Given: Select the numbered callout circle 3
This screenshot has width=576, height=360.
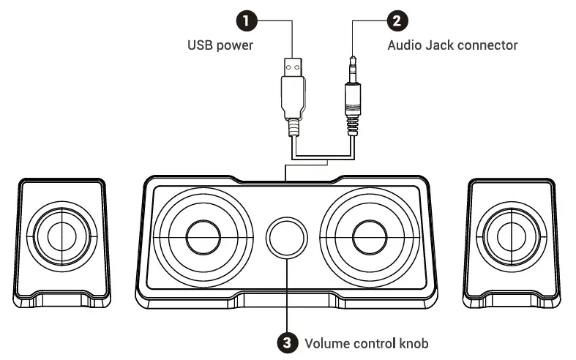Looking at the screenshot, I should (x=285, y=342).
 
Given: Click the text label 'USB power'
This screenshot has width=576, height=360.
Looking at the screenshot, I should (x=220, y=45).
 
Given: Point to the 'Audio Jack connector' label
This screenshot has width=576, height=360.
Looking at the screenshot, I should (x=452, y=45).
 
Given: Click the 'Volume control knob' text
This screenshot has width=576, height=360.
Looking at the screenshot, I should (x=366, y=342).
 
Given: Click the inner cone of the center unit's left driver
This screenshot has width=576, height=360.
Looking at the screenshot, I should (x=203, y=236).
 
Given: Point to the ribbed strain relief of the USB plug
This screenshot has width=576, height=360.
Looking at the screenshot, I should (x=293, y=128).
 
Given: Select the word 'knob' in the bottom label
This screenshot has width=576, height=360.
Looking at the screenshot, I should (x=413, y=342).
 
